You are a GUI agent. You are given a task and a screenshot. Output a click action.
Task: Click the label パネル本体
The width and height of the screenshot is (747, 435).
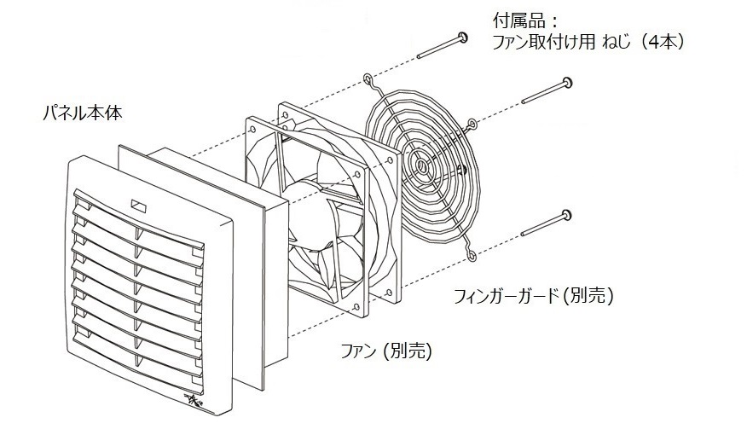pyautogui.click(x=82, y=112)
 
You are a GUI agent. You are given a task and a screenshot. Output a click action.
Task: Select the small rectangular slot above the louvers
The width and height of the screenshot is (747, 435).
pyautogui.click(x=137, y=205)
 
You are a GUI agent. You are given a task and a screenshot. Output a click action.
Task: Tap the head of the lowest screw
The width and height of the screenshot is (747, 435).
pyautogui.click(x=566, y=213)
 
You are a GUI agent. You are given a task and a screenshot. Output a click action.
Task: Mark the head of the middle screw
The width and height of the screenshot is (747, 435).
pyautogui.click(x=567, y=83)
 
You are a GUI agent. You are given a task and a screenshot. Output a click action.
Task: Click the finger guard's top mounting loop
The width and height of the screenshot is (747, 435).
pyautogui.click(x=368, y=81)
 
